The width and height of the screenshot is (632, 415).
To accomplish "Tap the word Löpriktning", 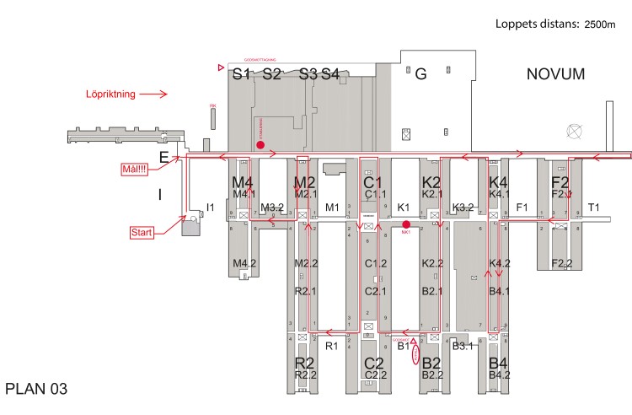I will pyautogui.click(x=112, y=94).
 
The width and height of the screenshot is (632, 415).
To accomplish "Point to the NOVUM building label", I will pyautogui.click(x=555, y=75).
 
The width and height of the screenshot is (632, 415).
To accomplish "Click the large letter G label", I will pyautogui.click(x=421, y=74).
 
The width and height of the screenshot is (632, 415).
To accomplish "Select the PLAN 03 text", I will pyautogui.click(x=35, y=389).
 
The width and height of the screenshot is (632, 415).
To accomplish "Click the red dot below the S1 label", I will pyautogui.click(x=260, y=144).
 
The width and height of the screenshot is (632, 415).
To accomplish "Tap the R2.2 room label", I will pyautogui.click(x=305, y=375).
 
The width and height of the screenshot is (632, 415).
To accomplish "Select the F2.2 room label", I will pyautogui.click(x=562, y=264).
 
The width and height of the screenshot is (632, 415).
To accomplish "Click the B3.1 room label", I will pyautogui.click(x=461, y=346).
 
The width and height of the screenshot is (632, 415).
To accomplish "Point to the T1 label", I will pyautogui.click(x=594, y=207).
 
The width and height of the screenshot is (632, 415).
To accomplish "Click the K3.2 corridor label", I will pyautogui.click(x=463, y=207).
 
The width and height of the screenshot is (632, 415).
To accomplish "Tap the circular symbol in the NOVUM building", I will pyautogui.click(x=576, y=131).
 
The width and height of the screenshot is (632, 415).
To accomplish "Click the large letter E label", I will pyautogui.click(x=164, y=156).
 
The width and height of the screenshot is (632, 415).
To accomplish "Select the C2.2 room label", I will pyautogui.click(x=375, y=375).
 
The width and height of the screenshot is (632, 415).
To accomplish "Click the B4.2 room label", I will pyautogui.click(x=501, y=375).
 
